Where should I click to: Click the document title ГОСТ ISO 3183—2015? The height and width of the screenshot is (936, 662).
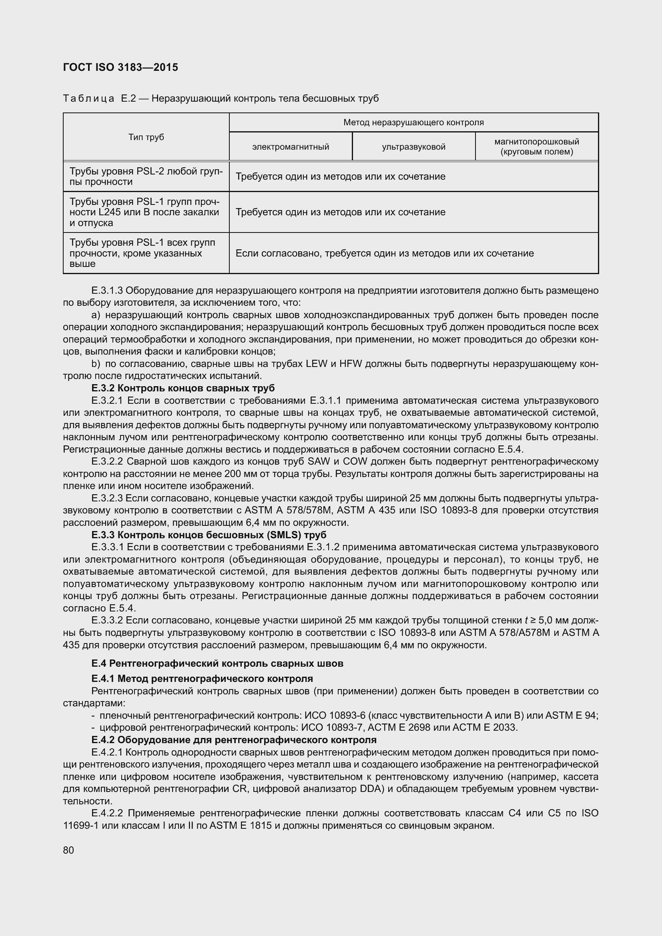click(120, 67)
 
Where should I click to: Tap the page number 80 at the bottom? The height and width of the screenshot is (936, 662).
click(68, 850)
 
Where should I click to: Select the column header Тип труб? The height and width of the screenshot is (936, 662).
click(146, 137)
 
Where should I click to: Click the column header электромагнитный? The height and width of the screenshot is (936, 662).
click(290, 147)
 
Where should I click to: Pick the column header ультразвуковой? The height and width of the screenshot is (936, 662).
click(413, 147)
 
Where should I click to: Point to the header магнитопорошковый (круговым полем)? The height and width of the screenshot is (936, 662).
click(536, 147)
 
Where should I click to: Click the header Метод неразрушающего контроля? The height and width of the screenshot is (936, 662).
click(413, 122)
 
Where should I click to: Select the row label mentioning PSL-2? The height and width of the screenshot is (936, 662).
click(146, 176)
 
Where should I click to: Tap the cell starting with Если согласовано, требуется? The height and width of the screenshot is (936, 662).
click(384, 254)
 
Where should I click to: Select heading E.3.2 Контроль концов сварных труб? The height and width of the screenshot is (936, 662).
click(183, 388)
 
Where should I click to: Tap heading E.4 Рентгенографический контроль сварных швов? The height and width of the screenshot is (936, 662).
click(217, 663)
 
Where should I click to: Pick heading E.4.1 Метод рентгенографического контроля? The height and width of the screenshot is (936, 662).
click(202, 679)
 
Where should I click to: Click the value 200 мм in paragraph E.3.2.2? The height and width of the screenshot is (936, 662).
click(235, 474)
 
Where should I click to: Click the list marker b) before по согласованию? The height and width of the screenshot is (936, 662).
click(96, 364)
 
